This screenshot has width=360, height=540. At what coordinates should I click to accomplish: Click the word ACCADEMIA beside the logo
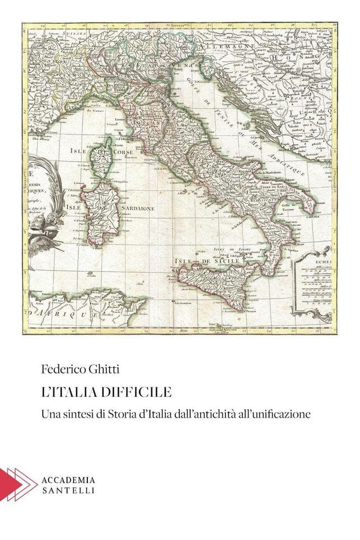pyautogui.click(x=68, y=480)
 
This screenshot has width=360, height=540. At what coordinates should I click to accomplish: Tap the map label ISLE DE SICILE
pyautogui.click(x=208, y=261)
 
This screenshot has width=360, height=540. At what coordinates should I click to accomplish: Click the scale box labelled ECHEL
pyautogui.click(x=312, y=286)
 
